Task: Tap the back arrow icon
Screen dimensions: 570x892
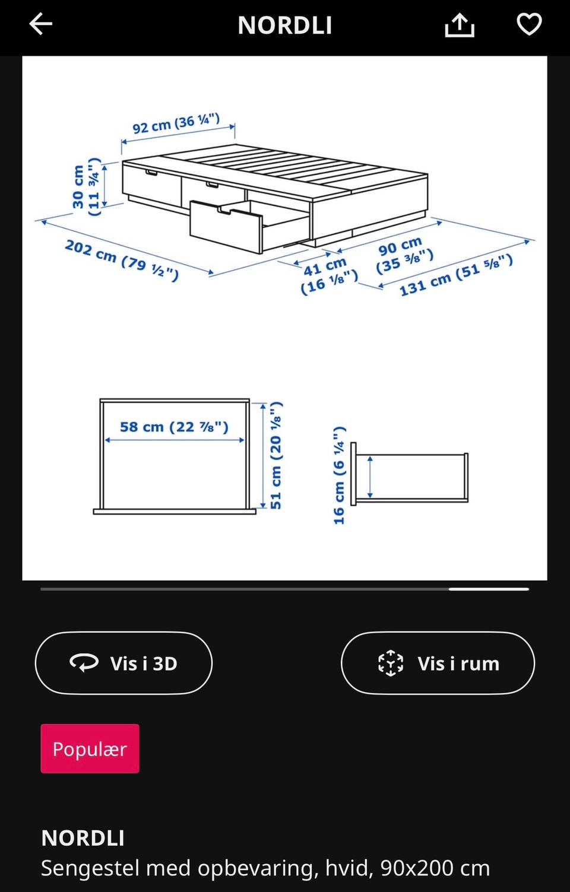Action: (40, 24)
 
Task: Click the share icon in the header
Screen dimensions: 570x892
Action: (460, 25)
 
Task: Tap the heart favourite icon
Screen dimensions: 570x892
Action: (529, 24)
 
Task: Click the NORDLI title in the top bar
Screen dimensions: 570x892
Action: (285, 26)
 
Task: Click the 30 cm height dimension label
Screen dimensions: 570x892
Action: (85, 186)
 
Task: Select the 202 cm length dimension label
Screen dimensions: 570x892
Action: (122, 260)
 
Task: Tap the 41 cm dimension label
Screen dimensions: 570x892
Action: (329, 275)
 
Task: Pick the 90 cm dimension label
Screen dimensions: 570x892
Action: (404, 255)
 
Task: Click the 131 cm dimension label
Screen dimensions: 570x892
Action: (456, 275)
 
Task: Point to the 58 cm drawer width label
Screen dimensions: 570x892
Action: (174, 427)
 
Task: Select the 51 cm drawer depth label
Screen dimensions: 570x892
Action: (276, 455)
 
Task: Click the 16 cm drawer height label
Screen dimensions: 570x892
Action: (339, 475)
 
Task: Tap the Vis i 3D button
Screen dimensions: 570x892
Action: (123, 663)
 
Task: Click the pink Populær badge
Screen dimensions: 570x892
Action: (90, 748)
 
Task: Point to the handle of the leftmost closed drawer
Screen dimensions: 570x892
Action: (151, 173)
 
